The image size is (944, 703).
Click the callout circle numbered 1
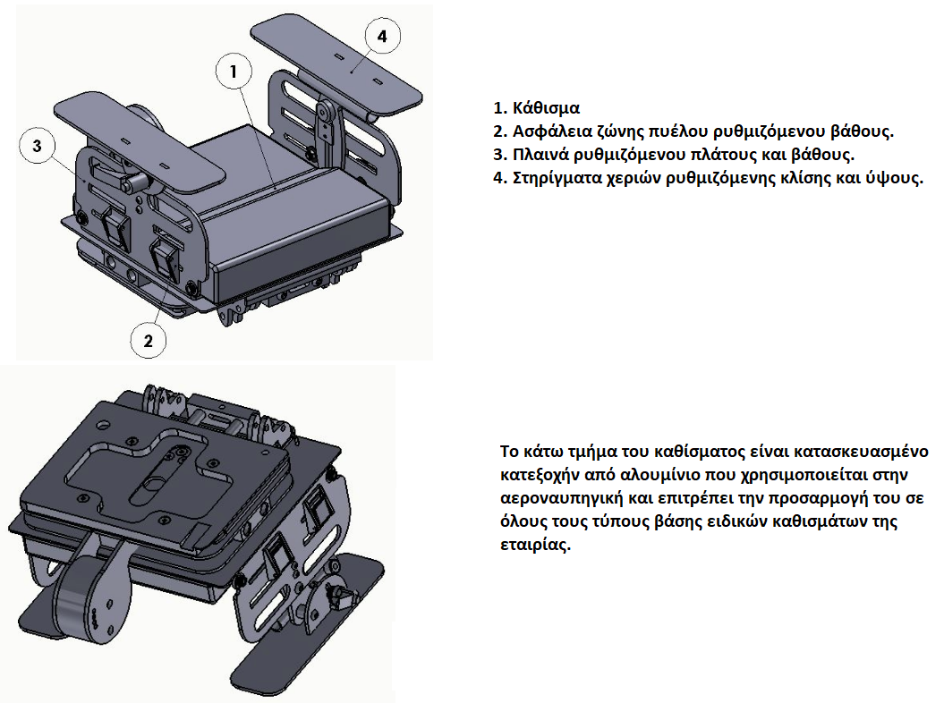(x=234, y=71)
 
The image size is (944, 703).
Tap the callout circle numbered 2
(x=149, y=341)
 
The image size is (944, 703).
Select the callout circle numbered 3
(x=38, y=146)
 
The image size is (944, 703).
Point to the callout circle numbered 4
(x=382, y=36)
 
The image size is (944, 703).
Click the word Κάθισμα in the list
(x=546, y=108)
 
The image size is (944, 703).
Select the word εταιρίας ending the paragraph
(x=532, y=545)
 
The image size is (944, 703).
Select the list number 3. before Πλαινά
(x=500, y=155)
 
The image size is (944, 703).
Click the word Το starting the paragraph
(x=509, y=452)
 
